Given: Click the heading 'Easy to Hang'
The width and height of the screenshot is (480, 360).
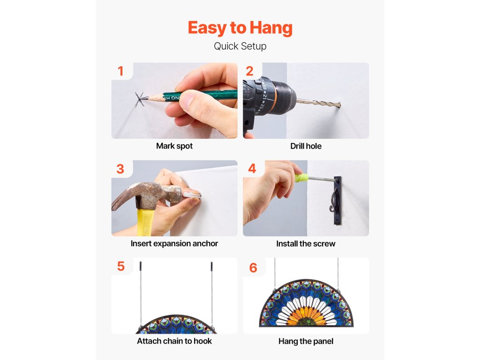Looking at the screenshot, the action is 240,28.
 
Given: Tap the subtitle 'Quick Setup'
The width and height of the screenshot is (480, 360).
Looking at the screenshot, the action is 240,46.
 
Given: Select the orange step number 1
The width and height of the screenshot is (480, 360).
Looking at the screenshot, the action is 120,71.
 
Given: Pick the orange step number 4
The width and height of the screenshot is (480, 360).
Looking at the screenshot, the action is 252,168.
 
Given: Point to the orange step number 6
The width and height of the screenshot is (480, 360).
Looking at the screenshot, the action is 253,268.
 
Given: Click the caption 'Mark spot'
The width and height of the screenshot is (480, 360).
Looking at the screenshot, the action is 174,146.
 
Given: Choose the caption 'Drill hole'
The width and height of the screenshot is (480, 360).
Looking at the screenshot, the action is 306,146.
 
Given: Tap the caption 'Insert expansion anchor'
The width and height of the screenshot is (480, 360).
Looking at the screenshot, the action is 174,244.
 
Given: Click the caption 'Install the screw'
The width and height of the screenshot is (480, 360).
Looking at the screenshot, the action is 306,244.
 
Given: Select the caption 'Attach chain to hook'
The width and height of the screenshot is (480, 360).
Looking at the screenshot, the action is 174,341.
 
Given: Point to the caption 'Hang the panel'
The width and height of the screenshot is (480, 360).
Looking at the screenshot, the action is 306,341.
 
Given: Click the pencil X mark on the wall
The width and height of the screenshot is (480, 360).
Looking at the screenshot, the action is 140,99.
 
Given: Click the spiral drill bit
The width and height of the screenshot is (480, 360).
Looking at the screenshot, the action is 319,103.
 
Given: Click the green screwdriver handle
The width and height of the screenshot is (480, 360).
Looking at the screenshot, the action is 301,178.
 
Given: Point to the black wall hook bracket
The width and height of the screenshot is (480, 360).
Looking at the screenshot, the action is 337,201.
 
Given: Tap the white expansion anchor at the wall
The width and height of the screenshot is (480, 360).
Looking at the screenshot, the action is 192,195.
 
